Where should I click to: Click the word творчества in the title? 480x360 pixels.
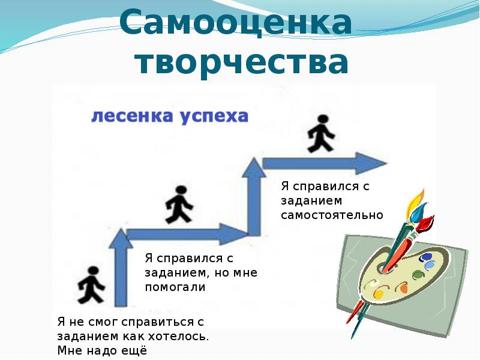coord(241,62)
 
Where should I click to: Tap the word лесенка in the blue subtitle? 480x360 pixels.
coord(132,116)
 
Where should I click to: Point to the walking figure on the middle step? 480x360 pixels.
coord(179,205)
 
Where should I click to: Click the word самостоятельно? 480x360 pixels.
coord(332,215)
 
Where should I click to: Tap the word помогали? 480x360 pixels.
coord(175,287)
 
